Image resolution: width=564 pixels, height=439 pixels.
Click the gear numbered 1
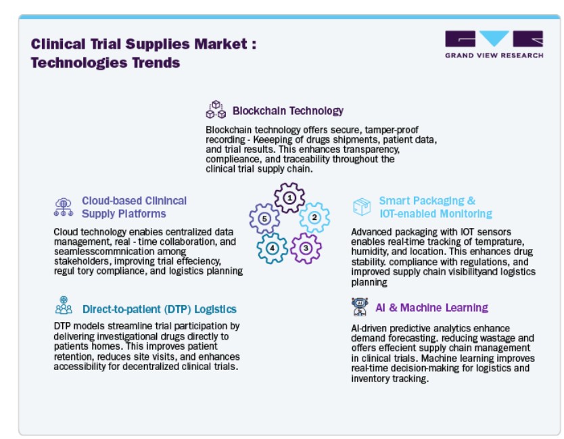click(x=289, y=198)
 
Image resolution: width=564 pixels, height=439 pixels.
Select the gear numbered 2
click(x=314, y=217)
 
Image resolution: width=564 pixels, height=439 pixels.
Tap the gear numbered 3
click(x=306, y=248)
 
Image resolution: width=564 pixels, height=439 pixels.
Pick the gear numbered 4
click(x=273, y=248)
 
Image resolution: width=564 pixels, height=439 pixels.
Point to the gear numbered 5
click(x=264, y=218)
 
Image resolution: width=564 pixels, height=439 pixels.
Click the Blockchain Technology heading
click(x=288, y=111)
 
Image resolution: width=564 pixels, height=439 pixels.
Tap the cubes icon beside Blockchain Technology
click(x=216, y=110)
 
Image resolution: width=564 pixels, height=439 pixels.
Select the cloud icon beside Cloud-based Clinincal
click(x=64, y=207)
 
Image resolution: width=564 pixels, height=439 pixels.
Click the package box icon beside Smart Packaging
click(x=362, y=206)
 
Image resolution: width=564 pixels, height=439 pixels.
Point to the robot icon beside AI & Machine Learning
click(x=360, y=306)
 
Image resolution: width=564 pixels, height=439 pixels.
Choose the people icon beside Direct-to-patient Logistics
click(x=64, y=305)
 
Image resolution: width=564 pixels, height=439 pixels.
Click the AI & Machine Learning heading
click(x=431, y=308)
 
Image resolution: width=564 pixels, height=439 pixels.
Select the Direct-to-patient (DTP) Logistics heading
click(x=160, y=309)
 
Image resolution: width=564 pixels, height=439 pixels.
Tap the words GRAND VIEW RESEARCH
click(x=494, y=55)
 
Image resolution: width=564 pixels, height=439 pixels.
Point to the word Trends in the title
click(x=156, y=63)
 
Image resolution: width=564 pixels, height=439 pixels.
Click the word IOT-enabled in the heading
click(x=408, y=214)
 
